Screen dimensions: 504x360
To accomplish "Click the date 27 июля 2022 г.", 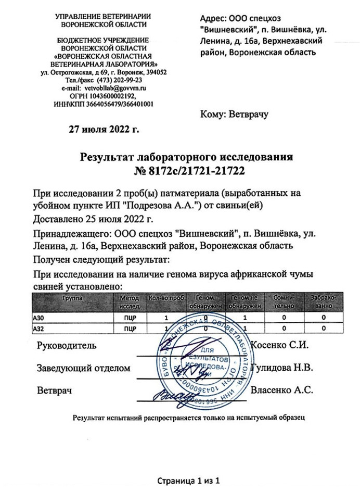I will click(104, 129).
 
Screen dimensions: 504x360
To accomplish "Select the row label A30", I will click(40, 317).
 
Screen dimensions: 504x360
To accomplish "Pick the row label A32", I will click(40, 329).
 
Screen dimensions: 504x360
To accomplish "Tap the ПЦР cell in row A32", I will click(130, 329).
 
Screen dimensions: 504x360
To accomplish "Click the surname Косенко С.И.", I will click(280, 345).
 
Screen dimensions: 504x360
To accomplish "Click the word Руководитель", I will click(67, 345).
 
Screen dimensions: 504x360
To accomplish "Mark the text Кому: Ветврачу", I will click(234, 114).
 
